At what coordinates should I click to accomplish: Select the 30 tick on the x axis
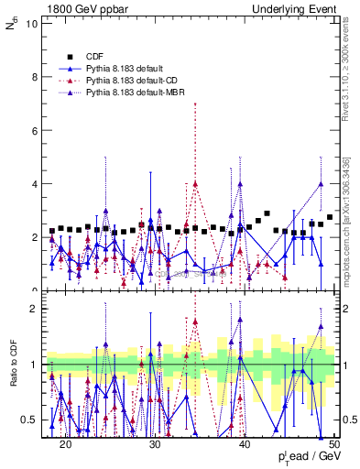pos(155,443)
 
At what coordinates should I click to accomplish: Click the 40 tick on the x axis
pos(245,443)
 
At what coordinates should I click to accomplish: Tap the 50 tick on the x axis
pos(334,443)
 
